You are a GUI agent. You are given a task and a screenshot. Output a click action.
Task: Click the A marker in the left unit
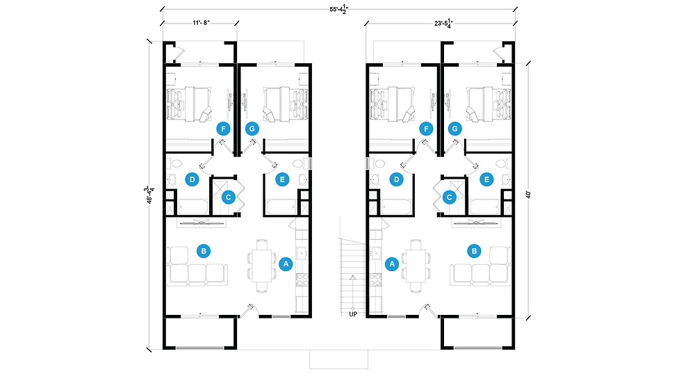tap(286, 264)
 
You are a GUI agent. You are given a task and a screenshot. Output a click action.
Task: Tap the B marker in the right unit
tap(474, 251)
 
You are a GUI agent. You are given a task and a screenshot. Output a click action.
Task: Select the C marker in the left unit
tap(228, 197)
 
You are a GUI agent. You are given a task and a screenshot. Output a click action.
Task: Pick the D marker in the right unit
tap(396, 179)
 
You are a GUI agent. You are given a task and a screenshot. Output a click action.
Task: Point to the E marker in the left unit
tap(282, 179)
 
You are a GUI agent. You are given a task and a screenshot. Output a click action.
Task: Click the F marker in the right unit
tap(426, 129)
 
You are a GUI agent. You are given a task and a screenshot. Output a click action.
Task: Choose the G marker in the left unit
tap(252, 129)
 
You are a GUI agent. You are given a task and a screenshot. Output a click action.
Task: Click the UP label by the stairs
tap(353, 314)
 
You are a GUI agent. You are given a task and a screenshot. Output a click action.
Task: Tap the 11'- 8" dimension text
tap(202, 22)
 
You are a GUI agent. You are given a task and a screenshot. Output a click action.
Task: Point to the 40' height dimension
tap(528, 194)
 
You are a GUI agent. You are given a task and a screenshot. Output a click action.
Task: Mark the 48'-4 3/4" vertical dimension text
tap(150, 195)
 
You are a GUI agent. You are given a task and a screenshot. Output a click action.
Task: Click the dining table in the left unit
tap(262, 265)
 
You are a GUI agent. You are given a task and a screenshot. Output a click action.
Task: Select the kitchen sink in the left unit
tap(301, 252)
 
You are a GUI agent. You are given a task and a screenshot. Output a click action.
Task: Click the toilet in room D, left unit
tap(174, 164)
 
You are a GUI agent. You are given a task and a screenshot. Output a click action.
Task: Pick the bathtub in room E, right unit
tap(484, 206)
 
